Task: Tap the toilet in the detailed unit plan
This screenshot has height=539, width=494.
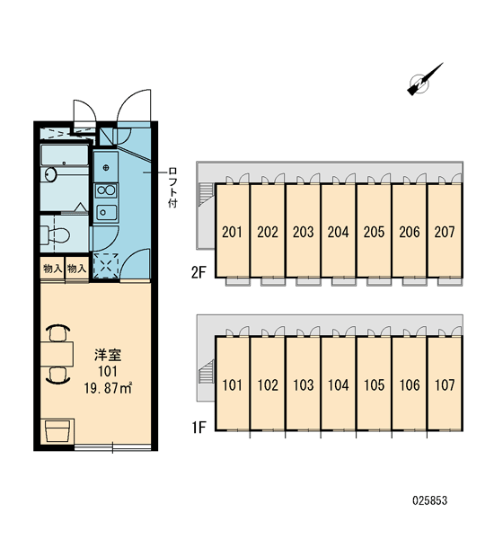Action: [x=55, y=234]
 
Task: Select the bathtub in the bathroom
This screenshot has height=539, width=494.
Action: [x=65, y=155]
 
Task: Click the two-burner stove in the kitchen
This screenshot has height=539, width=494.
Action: [x=106, y=190]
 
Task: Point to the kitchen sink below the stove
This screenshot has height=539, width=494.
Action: [x=106, y=212]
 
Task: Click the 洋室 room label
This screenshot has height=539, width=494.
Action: [x=108, y=355]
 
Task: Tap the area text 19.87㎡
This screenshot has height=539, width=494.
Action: [x=108, y=388]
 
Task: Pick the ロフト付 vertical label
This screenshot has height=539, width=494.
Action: [x=173, y=188]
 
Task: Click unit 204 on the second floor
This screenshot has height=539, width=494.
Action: [x=339, y=232]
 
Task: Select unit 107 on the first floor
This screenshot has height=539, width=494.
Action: [x=445, y=385]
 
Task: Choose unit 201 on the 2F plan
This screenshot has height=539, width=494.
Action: [x=232, y=232]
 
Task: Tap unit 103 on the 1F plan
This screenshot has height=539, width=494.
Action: [x=304, y=385]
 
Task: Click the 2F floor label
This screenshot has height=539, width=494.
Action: [x=198, y=272]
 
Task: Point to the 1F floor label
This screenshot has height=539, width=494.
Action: [x=198, y=428]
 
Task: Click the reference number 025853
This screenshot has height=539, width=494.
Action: [x=429, y=500]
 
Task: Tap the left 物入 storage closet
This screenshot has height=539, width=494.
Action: [x=52, y=268]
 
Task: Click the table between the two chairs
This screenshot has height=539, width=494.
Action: [x=57, y=354]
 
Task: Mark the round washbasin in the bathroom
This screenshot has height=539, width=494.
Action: [x=50, y=174]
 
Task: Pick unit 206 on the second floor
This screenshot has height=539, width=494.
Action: [x=410, y=232]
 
